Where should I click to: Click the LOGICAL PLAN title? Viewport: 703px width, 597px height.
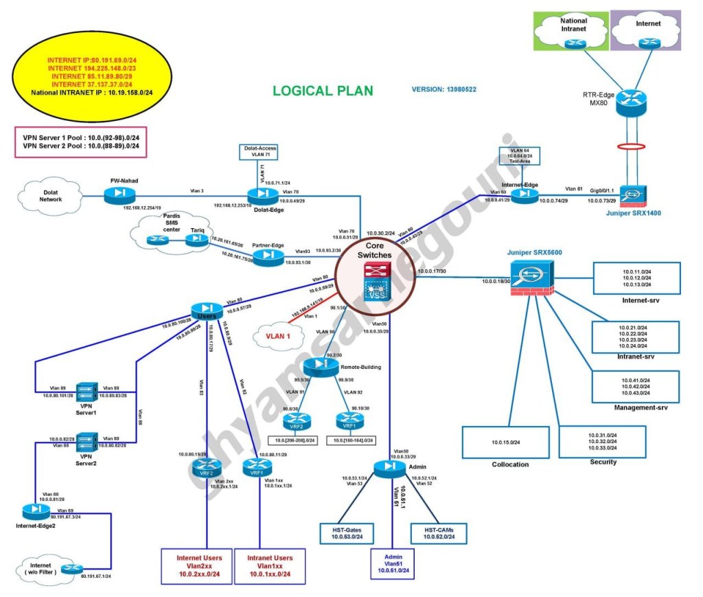click(323, 91)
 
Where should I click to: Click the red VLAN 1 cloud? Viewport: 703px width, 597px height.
click(277, 337)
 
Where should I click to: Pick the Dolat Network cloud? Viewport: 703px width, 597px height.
click(49, 194)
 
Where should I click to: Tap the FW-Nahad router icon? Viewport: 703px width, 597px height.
click(121, 195)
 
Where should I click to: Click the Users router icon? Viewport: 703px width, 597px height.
click(205, 310)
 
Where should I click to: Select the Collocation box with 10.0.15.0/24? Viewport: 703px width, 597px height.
click(505, 442)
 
